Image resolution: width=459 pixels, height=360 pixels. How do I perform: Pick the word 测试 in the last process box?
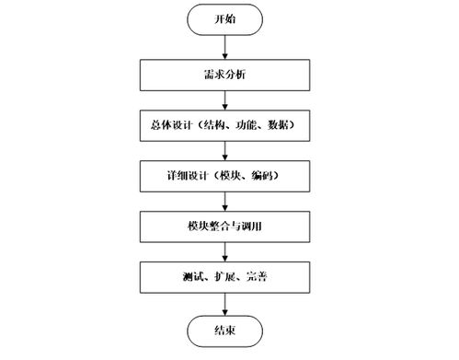(x=193, y=276)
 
